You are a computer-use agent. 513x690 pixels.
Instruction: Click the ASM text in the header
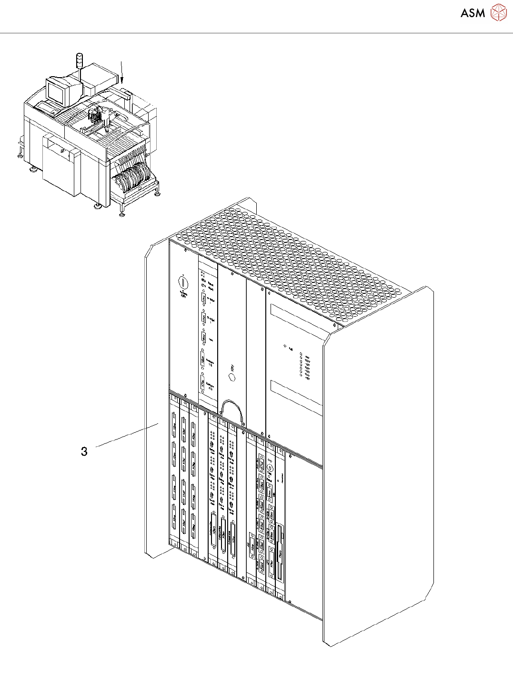point(473,13)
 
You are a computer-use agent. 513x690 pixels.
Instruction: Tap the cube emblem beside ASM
point(498,12)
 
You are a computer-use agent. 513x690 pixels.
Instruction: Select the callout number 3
point(84,451)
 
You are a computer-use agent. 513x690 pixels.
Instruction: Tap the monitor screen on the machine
point(55,92)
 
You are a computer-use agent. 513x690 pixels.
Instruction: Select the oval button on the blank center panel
point(232,377)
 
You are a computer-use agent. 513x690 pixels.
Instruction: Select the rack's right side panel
point(379,467)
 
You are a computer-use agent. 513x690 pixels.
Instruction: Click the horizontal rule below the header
point(256,33)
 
